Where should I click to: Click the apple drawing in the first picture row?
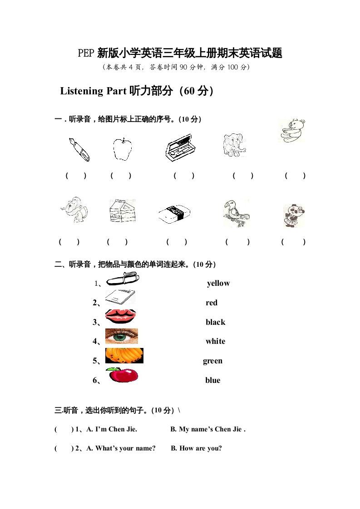(x=122, y=149)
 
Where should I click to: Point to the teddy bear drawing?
(x=291, y=131)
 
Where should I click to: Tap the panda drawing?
(x=293, y=215)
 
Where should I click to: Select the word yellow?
(x=218, y=284)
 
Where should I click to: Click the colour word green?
(x=212, y=361)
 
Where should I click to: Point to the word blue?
(x=212, y=381)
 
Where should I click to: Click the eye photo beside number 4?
(x=121, y=337)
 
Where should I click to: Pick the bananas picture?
(x=124, y=356)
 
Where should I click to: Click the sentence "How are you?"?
(x=201, y=449)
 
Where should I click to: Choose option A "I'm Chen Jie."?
(x=112, y=429)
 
